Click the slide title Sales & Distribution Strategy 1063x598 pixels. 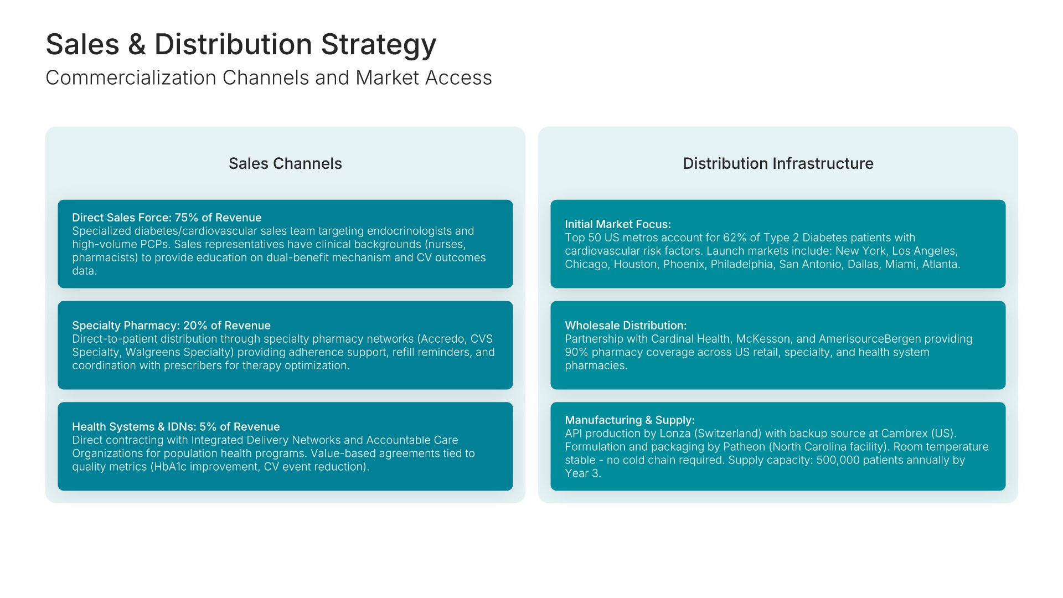click(241, 44)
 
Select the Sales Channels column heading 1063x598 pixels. click(285, 163)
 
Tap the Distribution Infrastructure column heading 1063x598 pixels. click(778, 163)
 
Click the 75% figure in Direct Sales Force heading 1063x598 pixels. click(186, 218)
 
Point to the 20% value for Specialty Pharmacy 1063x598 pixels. click(195, 326)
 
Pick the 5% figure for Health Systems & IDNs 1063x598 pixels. click(208, 427)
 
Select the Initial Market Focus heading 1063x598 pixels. click(618, 224)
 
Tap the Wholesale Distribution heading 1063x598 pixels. click(626, 326)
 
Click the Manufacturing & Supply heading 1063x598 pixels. click(629, 420)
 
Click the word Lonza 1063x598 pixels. click(675, 434)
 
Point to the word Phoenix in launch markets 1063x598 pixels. click(683, 264)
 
